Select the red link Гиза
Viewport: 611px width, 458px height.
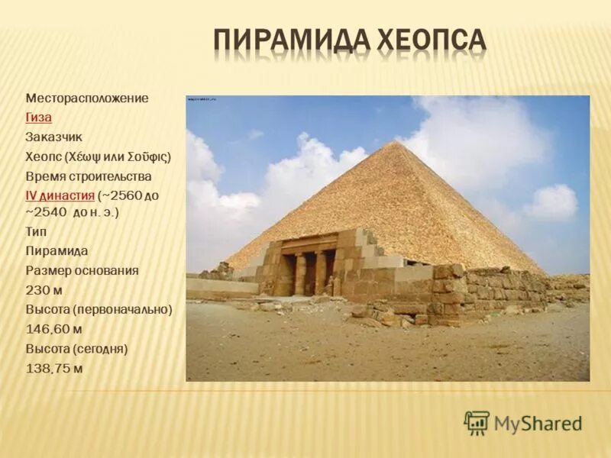coord(38,118)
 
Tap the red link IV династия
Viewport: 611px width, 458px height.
coord(60,195)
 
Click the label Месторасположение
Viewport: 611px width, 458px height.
coord(87,98)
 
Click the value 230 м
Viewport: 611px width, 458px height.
coord(44,290)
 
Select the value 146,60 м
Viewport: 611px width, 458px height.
coord(54,329)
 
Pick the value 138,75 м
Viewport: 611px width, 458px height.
coord(54,368)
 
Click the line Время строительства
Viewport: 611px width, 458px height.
coord(89,176)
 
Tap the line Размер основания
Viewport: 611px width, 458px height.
coord(82,270)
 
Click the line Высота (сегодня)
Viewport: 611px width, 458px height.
coord(76,349)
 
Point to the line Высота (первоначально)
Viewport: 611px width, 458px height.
coord(99,309)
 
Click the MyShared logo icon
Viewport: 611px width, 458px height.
coord(477,422)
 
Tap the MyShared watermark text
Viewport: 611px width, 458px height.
coord(538,423)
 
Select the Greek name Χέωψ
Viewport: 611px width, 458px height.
coord(83,156)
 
